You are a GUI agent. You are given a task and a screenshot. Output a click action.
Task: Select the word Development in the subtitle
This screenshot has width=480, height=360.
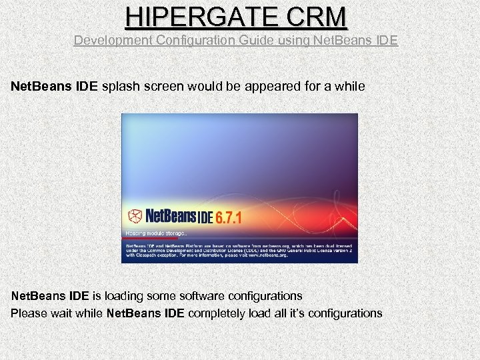pos(113,40)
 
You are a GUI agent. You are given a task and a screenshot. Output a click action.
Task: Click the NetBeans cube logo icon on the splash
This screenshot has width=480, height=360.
pos(135,216)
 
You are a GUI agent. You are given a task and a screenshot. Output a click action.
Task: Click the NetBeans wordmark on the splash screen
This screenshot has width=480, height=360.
pos(169,216)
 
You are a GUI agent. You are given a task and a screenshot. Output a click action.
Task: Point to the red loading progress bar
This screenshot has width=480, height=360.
pos(151,238)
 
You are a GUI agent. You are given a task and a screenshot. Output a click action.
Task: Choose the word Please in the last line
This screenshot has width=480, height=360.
pos(28,313)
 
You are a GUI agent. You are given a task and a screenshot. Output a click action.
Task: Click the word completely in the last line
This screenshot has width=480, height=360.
pos(221,313)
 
